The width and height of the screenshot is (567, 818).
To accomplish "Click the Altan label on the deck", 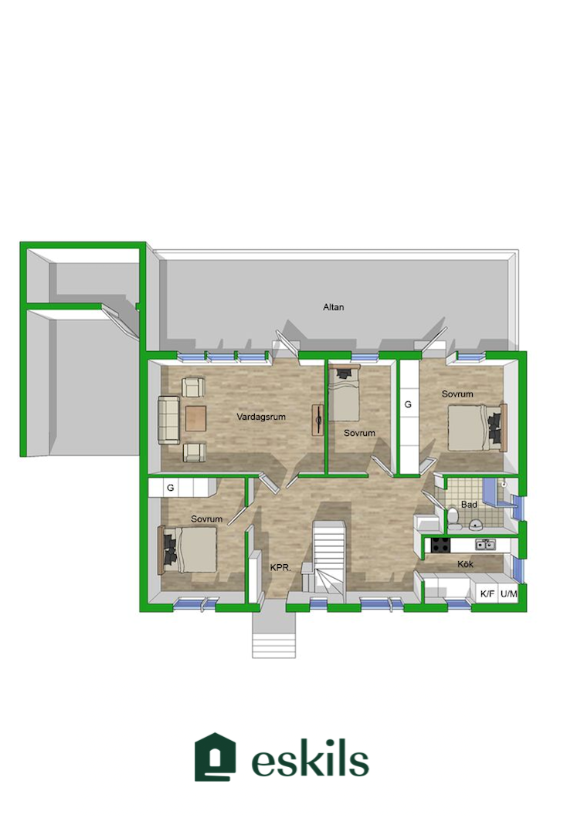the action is (x=333, y=307).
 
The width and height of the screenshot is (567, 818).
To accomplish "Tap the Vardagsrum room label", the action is (x=261, y=417).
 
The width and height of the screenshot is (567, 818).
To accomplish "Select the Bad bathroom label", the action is (x=469, y=505).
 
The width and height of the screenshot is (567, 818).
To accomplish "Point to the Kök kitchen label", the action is (x=465, y=564).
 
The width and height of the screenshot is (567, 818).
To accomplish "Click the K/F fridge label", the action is (x=487, y=593).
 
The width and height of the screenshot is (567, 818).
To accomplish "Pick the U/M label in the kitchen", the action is (x=508, y=593).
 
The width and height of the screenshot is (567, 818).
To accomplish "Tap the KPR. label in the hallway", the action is (x=280, y=568).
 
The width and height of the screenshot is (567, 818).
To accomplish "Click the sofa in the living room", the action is (x=168, y=421).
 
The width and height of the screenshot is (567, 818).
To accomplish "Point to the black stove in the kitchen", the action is (x=440, y=545).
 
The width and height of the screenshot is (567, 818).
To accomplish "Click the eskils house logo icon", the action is (x=215, y=757).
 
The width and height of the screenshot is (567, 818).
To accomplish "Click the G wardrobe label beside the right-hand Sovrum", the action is (x=409, y=404).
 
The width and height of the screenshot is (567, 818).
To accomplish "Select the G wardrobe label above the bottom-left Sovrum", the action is (x=170, y=488).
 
